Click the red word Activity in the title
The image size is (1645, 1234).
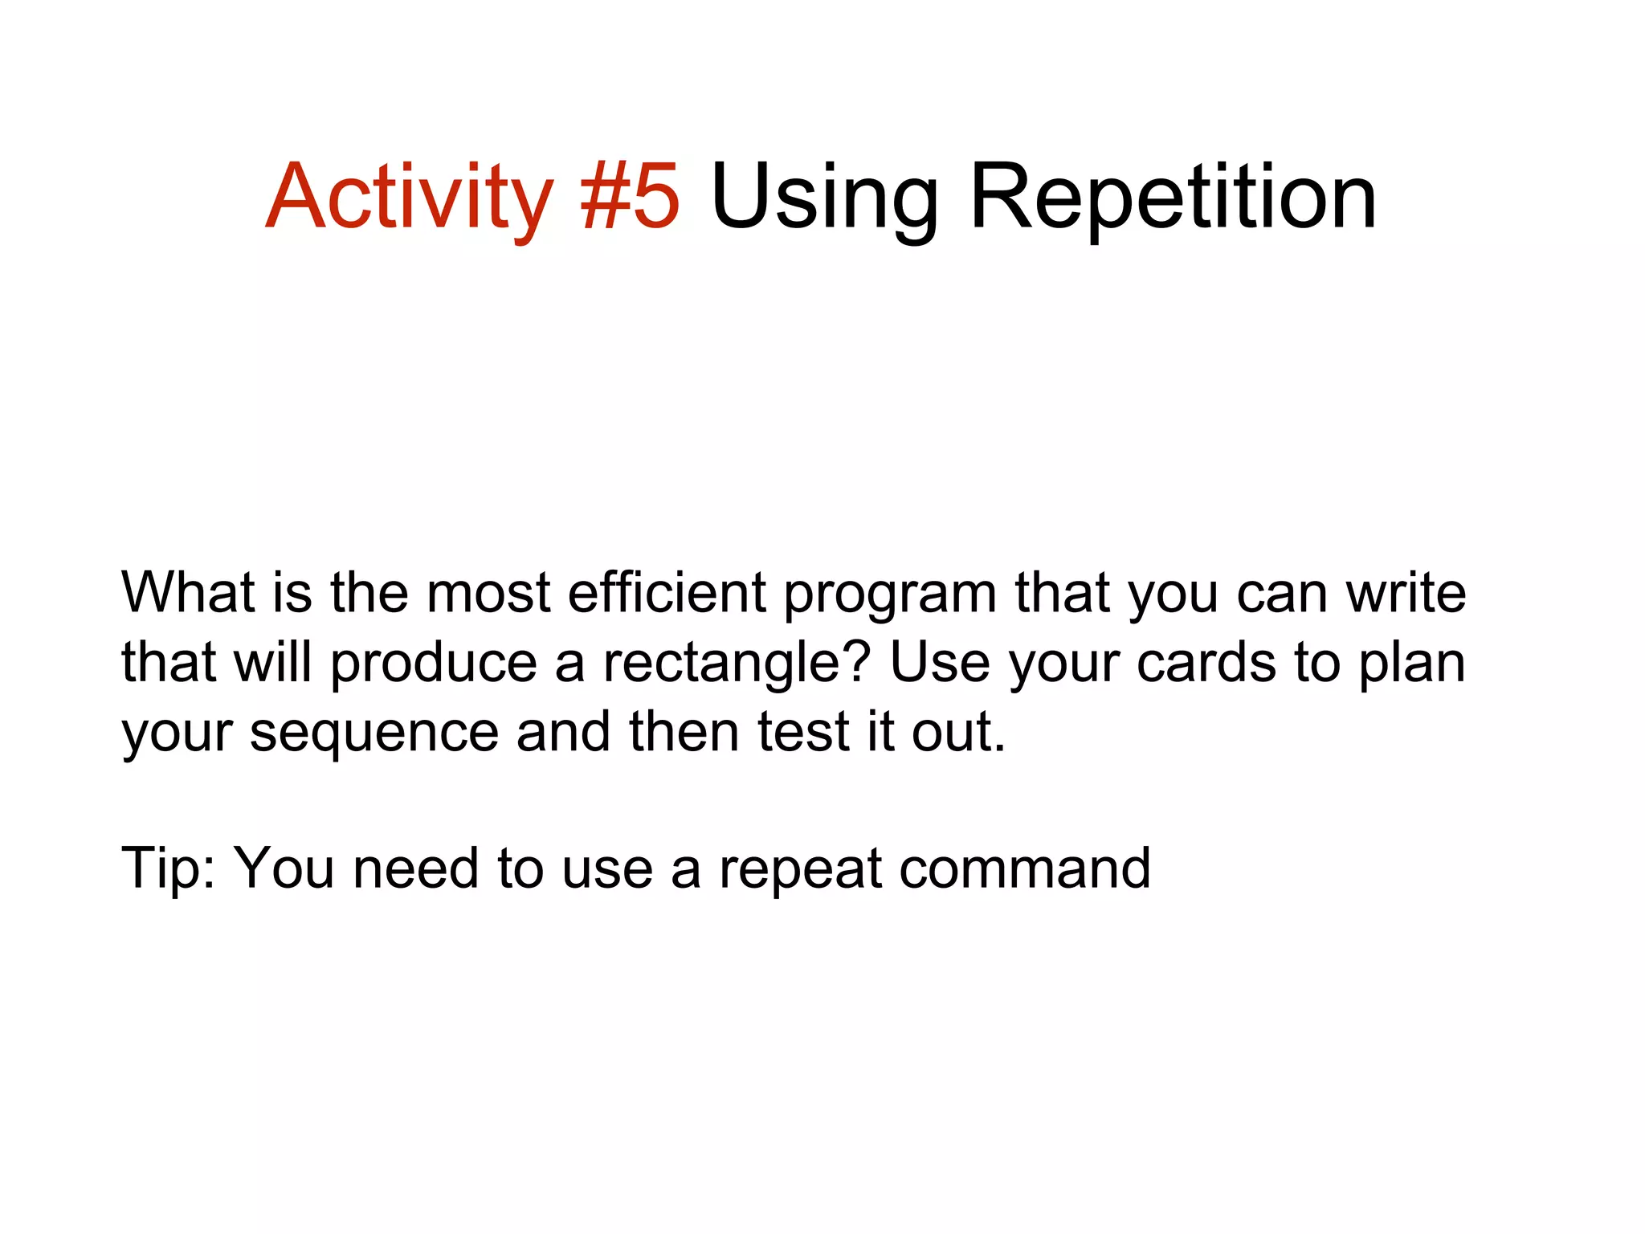(x=408, y=197)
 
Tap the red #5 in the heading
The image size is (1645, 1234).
(x=631, y=197)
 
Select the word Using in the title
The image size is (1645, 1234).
(x=824, y=197)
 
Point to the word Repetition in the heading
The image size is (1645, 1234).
(x=1174, y=197)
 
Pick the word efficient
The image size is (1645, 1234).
(x=667, y=592)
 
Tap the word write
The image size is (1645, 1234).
(x=1406, y=592)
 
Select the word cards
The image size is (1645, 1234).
(x=1206, y=664)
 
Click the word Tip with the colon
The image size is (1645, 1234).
(x=169, y=869)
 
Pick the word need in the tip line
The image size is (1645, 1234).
(x=416, y=869)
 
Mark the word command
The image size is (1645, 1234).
(x=1025, y=869)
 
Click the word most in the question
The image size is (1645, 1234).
(x=488, y=592)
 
